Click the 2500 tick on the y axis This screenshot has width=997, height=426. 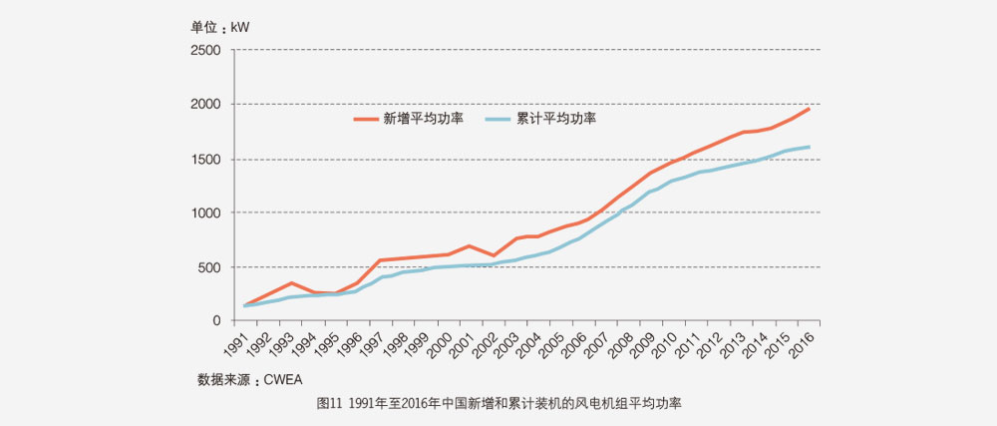pyautogui.click(x=206, y=50)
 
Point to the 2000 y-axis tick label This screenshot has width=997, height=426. pyautogui.click(x=206, y=104)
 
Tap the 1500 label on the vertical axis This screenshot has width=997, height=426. pyautogui.click(x=206, y=159)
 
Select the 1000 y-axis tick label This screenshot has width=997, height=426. pyautogui.click(x=206, y=213)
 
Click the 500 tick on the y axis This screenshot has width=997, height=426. pyautogui.click(x=209, y=267)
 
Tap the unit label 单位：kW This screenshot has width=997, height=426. pyautogui.click(x=221, y=27)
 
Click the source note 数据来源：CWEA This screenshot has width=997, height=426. pyautogui.click(x=249, y=379)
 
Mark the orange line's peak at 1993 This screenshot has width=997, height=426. pyautogui.click(x=291, y=283)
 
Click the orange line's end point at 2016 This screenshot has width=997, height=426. pyautogui.click(x=809, y=108)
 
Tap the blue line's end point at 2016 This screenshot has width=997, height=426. pyautogui.click(x=809, y=148)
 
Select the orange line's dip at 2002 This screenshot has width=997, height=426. pyautogui.click(x=493, y=256)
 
